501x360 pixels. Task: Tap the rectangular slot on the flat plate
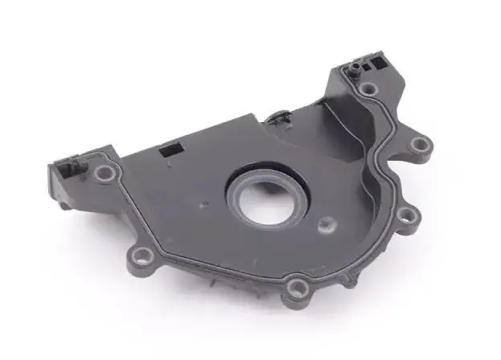(170, 149)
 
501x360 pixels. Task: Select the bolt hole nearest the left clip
(103, 173)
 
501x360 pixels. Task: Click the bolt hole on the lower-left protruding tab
(143, 256)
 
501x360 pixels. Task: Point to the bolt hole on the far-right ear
(420, 145)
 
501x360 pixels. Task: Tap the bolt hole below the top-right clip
(368, 90)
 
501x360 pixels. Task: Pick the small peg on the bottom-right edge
(349, 280)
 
